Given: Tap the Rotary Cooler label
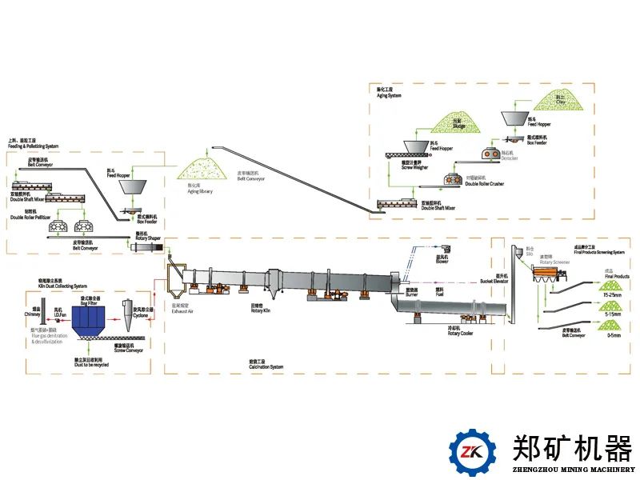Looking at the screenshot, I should [459, 333].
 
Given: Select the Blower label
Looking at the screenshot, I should [442, 261].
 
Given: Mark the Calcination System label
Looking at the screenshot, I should [266, 366].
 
